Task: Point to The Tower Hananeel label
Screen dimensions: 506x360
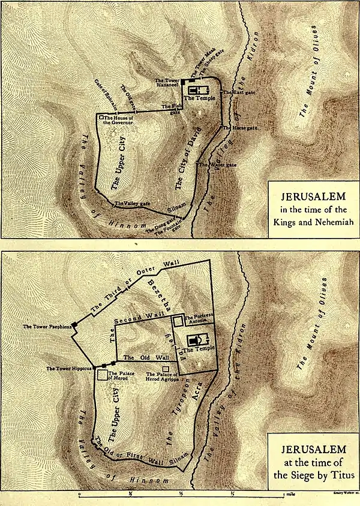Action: [167, 83]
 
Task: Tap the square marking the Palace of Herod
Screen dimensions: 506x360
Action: [103, 375]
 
